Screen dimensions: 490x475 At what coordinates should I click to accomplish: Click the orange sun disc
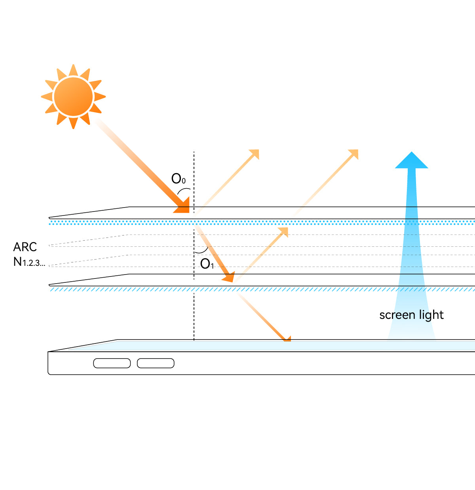tap(73, 97)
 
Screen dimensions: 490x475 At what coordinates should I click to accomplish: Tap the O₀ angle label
tap(178, 179)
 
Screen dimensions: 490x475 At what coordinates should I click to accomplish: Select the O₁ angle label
tap(207, 264)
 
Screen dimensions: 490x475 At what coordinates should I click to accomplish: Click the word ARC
tap(25, 247)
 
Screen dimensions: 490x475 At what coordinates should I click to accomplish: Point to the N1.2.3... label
tap(29, 262)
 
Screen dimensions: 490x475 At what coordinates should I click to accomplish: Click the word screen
tap(397, 315)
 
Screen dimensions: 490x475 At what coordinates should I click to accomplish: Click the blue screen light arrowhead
tap(412, 160)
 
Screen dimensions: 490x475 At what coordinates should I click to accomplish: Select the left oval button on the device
tap(112, 363)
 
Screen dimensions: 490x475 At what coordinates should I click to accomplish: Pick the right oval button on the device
tap(156, 363)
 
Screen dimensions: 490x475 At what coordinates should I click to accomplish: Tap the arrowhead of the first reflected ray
tap(254, 154)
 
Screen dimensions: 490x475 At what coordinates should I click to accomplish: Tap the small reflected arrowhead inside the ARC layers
tap(283, 231)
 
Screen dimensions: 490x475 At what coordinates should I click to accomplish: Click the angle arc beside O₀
tap(184, 190)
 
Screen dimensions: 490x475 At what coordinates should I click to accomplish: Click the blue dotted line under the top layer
tap(261, 223)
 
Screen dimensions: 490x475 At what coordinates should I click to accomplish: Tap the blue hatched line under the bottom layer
tap(261, 290)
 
